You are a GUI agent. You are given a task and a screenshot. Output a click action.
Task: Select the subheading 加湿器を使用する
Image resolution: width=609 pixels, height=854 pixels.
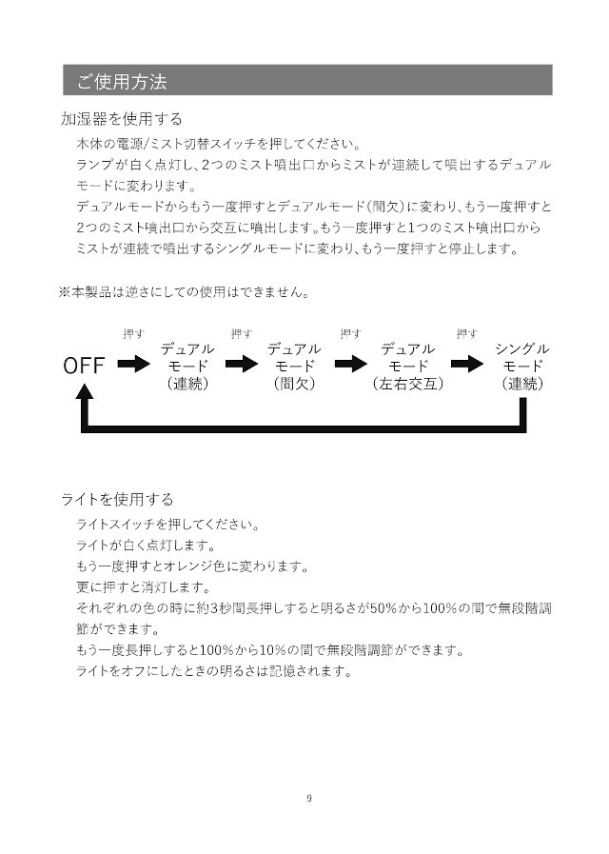coord(122,120)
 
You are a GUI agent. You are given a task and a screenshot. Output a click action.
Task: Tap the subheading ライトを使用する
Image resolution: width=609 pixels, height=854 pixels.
coord(117,499)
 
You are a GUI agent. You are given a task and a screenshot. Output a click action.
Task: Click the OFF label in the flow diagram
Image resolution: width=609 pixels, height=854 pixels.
coord(85,366)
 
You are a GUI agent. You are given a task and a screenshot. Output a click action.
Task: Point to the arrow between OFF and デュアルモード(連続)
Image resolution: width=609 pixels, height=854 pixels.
coord(134,364)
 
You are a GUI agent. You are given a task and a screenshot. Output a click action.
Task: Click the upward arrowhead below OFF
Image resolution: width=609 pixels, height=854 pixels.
coord(88,390)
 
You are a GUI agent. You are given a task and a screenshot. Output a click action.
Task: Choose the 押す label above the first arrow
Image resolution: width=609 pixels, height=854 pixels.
coord(134,333)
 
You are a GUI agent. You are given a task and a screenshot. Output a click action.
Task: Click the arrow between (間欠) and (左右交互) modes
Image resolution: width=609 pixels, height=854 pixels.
coord(352,364)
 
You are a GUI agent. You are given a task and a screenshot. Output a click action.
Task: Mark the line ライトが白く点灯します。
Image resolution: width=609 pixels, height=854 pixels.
coord(146,546)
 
